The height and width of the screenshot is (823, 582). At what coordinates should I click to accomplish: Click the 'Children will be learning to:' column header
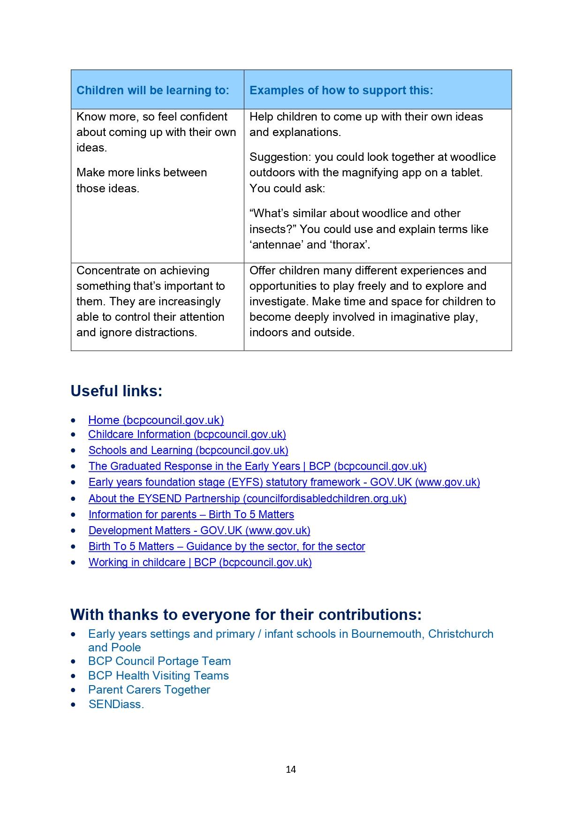(153, 90)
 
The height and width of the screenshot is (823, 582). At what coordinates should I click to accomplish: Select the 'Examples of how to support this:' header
(341, 90)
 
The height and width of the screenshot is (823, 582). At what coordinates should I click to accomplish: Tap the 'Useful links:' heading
(116, 391)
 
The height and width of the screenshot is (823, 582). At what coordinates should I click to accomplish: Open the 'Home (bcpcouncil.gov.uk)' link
(156, 420)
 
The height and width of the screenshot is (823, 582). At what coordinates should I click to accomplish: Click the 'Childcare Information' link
(187, 435)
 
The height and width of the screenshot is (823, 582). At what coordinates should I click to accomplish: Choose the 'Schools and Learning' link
(188, 451)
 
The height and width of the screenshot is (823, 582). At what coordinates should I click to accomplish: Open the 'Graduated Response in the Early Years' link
(257, 467)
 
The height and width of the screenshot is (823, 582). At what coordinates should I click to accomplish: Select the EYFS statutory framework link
(284, 483)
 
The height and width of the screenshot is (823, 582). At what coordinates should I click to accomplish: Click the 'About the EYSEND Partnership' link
(247, 498)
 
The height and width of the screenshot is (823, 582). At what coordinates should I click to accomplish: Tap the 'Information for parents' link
(191, 515)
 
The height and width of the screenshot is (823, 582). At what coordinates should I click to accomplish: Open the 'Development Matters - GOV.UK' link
(199, 531)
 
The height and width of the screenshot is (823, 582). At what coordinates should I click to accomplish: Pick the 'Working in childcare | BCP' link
(200, 563)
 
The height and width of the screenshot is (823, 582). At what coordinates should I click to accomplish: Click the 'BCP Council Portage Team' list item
(159, 661)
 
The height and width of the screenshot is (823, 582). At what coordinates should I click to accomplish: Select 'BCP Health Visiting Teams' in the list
(159, 676)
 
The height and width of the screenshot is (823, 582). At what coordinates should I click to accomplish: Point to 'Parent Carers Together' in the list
(149, 690)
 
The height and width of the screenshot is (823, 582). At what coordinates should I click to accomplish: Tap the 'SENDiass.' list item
(116, 704)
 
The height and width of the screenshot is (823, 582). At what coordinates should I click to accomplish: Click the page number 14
(291, 770)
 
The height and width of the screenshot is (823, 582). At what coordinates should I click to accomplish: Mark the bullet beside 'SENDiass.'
(73, 704)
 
